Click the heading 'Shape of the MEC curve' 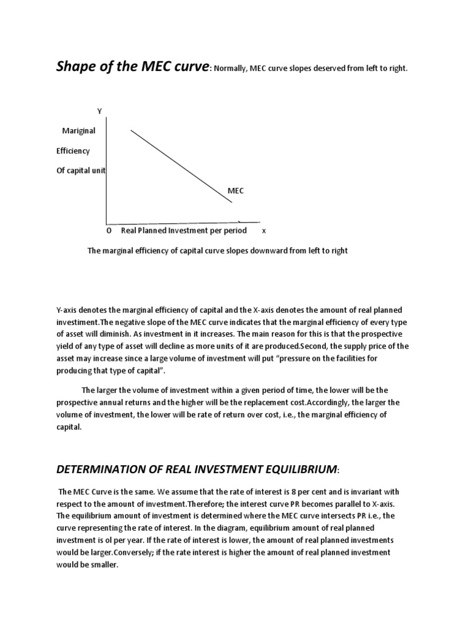click(132, 66)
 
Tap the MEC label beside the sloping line click(235, 190)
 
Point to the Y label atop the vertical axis click(100, 110)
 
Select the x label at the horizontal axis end click(264, 231)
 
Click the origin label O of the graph click(109, 231)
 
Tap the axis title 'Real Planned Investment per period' click(184, 230)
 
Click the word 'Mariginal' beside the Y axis click(79, 130)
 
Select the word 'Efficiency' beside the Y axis click(73, 150)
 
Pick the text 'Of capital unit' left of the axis click(81, 170)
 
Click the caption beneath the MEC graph click(218, 250)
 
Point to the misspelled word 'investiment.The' click(84, 322)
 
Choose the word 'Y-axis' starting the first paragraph click(68, 310)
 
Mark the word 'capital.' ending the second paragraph click(70, 426)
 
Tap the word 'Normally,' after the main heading click(230, 69)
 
